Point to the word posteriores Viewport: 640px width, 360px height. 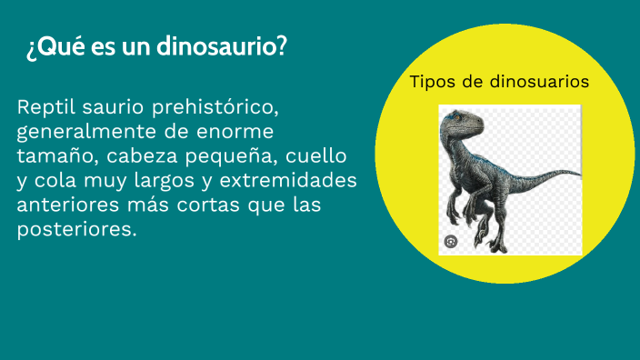76,229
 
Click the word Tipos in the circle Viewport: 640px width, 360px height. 432,82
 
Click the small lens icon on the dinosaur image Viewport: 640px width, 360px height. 451,241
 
